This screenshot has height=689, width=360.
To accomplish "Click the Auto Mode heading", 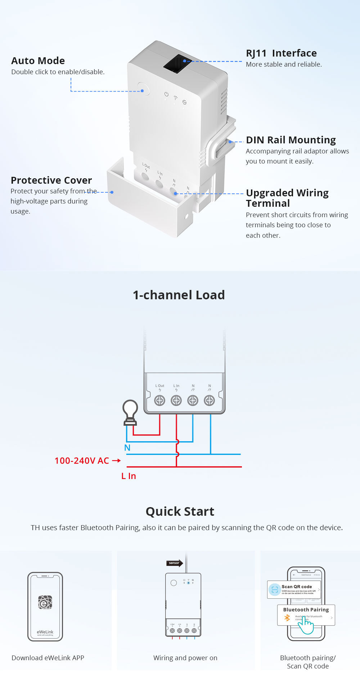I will point(38,61).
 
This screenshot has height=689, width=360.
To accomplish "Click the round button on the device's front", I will point(143,89).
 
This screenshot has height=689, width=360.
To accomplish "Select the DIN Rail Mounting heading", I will point(291,140).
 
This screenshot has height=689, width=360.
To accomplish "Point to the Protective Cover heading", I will point(51,180).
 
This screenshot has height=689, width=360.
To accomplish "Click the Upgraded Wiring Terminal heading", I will point(287,198).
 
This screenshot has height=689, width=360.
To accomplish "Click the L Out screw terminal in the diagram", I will point(159,400).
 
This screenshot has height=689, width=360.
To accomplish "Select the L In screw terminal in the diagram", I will point(176,400).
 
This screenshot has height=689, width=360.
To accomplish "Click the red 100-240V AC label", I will point(82,461).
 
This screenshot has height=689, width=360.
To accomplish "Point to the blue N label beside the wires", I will point(127,448).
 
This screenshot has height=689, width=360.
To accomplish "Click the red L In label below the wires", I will point(129,476).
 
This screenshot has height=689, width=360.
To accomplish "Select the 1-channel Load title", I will point(179,295).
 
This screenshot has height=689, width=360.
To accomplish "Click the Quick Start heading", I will point(180,511).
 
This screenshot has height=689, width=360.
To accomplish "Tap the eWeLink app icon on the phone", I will point(45,602).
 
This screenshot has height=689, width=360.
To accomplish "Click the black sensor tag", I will point(174,563).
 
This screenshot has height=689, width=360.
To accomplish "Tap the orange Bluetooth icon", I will point(287,618).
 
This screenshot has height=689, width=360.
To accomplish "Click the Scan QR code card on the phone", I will point(294,589).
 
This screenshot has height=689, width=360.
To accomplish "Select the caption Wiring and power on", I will point(185,658).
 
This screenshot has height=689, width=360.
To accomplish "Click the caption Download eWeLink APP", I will point(48,658).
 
